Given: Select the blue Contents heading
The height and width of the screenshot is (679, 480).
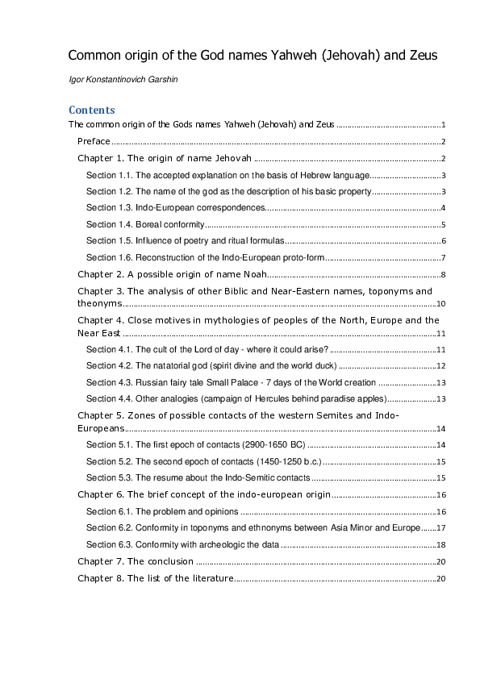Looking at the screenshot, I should (92, 110).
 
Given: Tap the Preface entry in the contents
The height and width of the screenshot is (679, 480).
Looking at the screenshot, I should (94, 141).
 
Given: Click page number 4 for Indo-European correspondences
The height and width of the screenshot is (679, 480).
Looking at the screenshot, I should (444, 207).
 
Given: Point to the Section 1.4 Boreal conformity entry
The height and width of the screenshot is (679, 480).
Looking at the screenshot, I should (145, 224).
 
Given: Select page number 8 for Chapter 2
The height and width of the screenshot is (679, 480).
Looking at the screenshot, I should (444, 275).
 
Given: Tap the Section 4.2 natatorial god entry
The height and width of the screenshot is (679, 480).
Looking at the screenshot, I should (210, 365).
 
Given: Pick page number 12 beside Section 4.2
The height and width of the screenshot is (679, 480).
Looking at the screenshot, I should (441, 365).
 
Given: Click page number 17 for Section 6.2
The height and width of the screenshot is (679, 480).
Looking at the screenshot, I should (441, 527).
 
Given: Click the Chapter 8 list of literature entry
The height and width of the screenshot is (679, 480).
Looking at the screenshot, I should (155, 578).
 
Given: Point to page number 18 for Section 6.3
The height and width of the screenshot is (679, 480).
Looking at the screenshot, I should (441, 544).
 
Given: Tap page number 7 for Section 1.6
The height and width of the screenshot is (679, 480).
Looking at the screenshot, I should (444, 258).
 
